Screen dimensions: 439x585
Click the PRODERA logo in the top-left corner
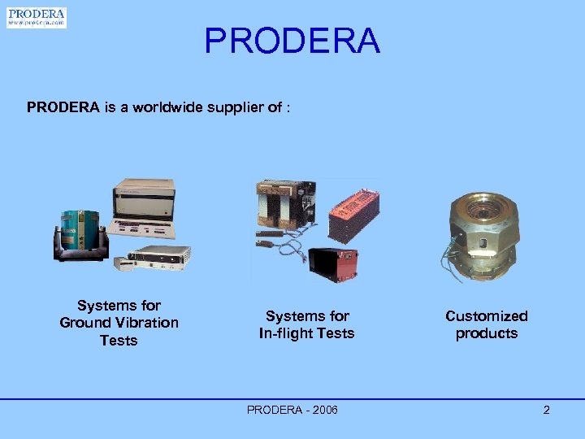tap(37, 18)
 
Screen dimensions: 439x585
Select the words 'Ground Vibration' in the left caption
tap(119, 323)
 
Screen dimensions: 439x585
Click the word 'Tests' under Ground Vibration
tap(119, 340)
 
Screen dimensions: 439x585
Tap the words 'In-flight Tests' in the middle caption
tap(306, 333)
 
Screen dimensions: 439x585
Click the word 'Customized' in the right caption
tap(486, 315)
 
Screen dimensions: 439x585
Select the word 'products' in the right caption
tap(486, 333)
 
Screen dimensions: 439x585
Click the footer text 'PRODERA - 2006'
tap(292, 410)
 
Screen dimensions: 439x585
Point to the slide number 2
tap(546, 410)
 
